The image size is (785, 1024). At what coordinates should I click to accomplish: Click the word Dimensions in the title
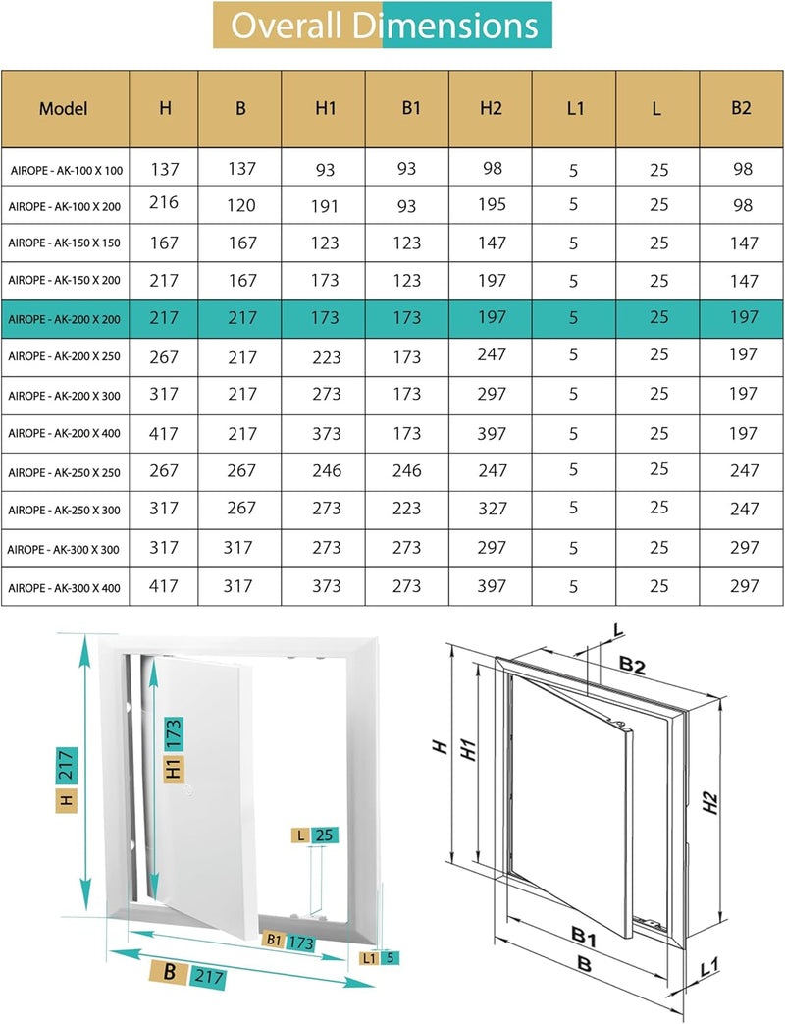458,26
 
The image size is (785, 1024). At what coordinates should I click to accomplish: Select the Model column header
64,108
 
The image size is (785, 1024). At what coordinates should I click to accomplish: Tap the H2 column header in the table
492,108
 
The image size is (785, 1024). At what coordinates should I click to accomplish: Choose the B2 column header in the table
742,108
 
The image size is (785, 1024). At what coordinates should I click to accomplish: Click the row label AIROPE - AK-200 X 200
64,318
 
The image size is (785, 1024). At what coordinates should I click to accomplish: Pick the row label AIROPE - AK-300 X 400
64,587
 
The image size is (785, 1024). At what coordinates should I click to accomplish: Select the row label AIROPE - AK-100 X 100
67,171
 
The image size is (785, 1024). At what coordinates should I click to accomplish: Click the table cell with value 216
165,203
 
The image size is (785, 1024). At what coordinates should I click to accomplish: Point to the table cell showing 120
240,205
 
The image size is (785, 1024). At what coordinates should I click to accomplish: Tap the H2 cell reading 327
492,509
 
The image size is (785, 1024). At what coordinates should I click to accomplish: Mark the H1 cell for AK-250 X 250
326,471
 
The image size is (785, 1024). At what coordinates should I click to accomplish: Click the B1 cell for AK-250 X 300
409,509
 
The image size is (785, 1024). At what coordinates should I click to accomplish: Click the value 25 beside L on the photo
325,835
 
